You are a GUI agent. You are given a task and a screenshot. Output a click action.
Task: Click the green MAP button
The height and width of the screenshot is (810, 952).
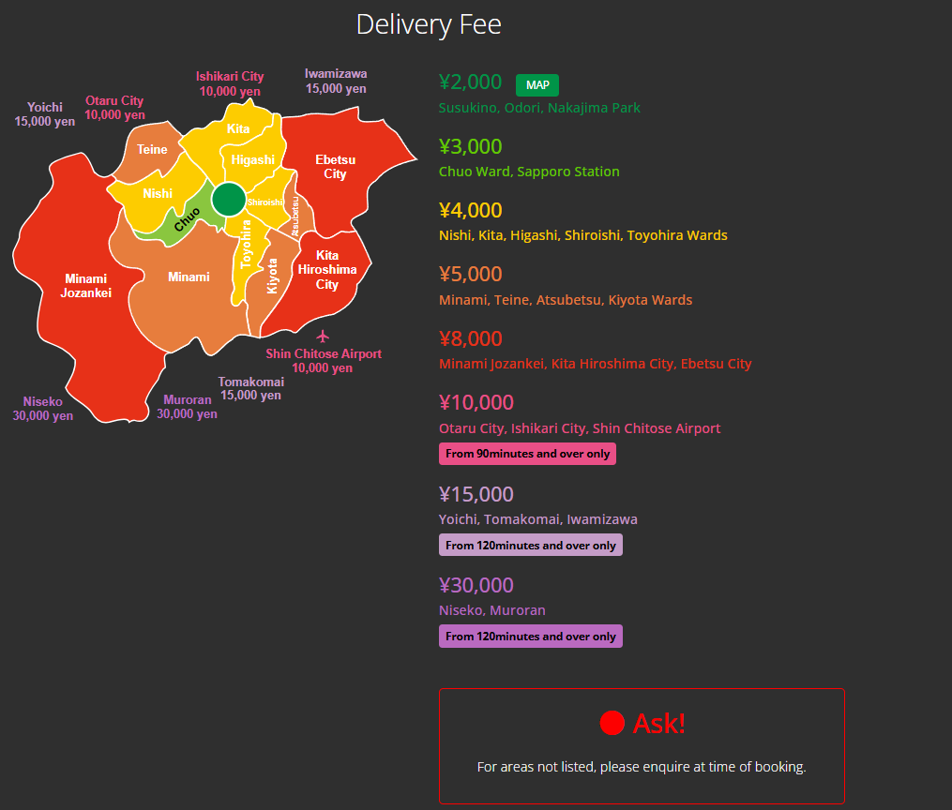[x=537, y=85]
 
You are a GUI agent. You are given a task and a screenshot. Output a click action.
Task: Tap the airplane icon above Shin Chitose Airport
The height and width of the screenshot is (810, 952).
[x=324, y=336]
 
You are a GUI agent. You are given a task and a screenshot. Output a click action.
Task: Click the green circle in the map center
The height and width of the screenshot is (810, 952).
[x=228, y=200]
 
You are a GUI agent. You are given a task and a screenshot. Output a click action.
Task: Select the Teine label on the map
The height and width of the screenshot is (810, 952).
[x=152, y=150]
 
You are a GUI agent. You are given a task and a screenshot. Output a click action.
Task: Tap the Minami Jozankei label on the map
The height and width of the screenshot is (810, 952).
[x=85, y=286]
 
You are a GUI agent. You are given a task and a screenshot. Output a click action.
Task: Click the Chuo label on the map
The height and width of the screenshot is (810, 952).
[x=187, y=218]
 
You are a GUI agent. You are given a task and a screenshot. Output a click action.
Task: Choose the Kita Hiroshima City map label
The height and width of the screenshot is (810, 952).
[x=327, y=270]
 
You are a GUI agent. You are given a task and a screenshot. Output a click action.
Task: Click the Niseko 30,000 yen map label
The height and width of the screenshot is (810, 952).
[x=43, y=409]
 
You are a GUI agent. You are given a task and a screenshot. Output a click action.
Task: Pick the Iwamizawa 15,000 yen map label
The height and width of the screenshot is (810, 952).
[x=336, y=82]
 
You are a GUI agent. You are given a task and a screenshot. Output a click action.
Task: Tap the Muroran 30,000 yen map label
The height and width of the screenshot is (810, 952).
[x=188, y=407]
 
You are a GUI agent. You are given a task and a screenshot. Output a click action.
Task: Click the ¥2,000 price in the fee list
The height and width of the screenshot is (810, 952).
[x=470, y=82]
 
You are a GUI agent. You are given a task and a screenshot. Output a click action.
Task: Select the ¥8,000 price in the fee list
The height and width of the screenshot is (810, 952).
[x=471, y=338]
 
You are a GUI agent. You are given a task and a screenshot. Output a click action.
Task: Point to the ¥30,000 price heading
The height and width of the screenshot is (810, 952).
[x=476, y=586]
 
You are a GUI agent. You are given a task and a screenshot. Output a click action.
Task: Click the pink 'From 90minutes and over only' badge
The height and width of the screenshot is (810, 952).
[x=527, y=454]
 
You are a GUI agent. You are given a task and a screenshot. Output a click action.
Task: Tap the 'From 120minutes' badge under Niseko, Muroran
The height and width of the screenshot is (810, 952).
[x=531, y=637]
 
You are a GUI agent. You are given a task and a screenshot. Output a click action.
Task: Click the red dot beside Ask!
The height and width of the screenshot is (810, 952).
[x=612, y=723]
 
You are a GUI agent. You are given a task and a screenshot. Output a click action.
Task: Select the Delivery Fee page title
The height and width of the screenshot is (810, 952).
[x=429, y=24]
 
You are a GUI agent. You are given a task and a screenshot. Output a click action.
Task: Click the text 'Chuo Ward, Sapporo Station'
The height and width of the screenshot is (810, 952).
[x=529, y=172]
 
